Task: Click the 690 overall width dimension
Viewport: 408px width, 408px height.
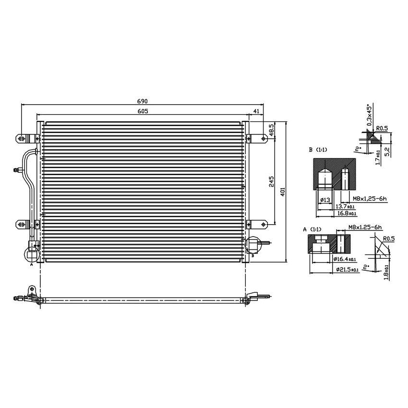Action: tap(143, 101)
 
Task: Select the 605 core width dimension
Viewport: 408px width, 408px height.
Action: tap(143, 111)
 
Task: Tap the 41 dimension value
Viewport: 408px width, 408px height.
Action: tap(256, 111)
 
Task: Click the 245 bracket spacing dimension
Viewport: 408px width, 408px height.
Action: tap(271, 181)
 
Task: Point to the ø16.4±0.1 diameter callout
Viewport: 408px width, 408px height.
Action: tap(346, 259)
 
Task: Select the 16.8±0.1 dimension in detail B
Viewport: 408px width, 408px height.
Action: tap(346, 213)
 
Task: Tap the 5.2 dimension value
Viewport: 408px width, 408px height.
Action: tap(386, 151)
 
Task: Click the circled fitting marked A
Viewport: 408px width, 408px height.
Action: tap(31, 252)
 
